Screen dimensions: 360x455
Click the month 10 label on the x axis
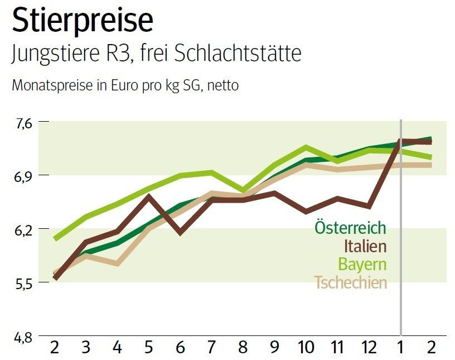coord(306,347)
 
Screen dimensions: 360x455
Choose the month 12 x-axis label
coord(369,347)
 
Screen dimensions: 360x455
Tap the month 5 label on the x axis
coord(148,347)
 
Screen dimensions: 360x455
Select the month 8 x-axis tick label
coord(243,347)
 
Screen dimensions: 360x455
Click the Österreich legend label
coord(350,228)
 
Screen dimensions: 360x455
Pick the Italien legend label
coord(365,246)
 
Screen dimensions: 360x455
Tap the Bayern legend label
coord(362,265)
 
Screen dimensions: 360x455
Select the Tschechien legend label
coord(350,282)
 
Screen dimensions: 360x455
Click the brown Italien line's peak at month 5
coord(148,195)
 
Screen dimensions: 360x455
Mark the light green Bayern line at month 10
coord(306,147)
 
